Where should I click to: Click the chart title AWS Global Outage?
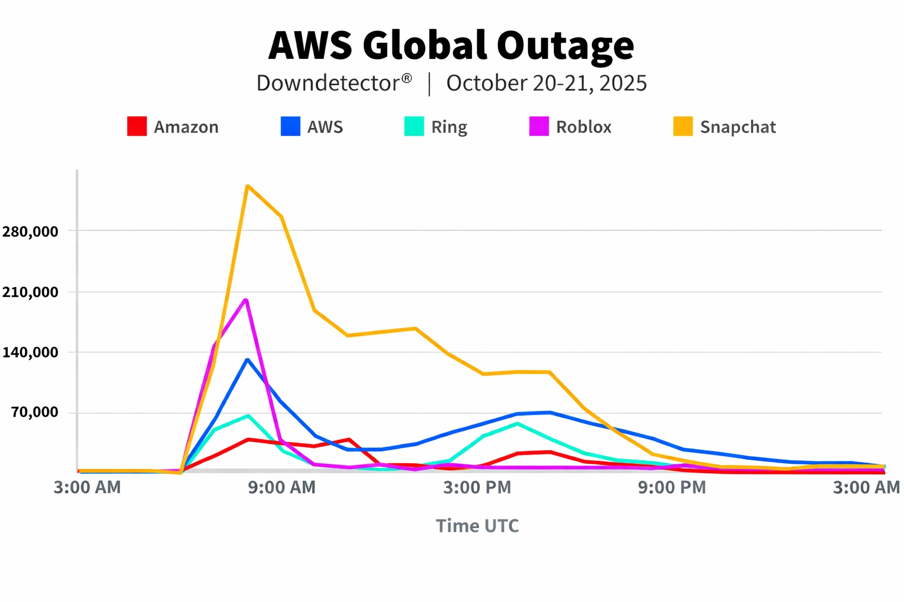451,46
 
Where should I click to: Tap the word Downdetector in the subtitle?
328,83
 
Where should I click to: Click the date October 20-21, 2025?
546,83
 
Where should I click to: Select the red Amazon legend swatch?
137,126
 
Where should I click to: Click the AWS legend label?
325,127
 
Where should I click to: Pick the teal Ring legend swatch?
414,126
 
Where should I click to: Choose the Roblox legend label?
583,127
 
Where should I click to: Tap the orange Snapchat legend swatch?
683,126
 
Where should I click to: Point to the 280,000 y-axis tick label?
30,232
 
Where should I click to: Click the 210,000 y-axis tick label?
30,292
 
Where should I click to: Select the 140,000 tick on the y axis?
30,353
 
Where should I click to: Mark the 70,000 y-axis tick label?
35,413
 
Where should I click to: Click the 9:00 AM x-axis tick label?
282,487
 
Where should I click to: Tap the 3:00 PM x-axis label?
477,487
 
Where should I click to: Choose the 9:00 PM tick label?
672,487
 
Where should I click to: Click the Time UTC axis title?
477,526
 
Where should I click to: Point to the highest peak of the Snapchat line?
248,186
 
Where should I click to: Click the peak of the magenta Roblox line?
246,300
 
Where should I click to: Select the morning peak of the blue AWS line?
247,360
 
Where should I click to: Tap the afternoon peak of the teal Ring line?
517,423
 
